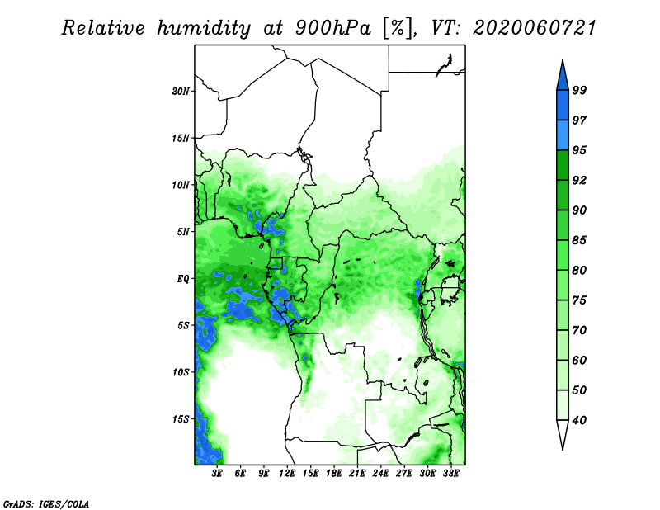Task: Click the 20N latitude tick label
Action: click(x=180, y=91)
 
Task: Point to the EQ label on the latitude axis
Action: click(x=182, y=279)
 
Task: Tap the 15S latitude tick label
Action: click(x=181, y=419)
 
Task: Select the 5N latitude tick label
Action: click(x=183, y=232)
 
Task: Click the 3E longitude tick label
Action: click(x=217, y=473)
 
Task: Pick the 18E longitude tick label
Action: click(x=334, y=473)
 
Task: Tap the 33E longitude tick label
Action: click(x=450, y=473)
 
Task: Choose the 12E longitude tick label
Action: click(x=287, y=473)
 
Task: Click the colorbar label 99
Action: click(x=579, y=90)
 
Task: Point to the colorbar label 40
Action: click(x=579, y=420)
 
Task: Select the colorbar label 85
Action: click(x=579, y=240)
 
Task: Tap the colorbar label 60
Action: click(x=579, y=360)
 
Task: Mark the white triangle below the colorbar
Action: click(x=563, y=432)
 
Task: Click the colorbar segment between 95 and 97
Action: click(x=563, y=135)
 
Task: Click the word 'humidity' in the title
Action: click(x=204, y=29)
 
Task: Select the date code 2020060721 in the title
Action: click(x=535, y=28)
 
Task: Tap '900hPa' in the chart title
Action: click(x=333, y=28)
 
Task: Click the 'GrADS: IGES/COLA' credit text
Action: click(x=46, y=503)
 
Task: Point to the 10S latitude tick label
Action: click(x=181, y=372)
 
